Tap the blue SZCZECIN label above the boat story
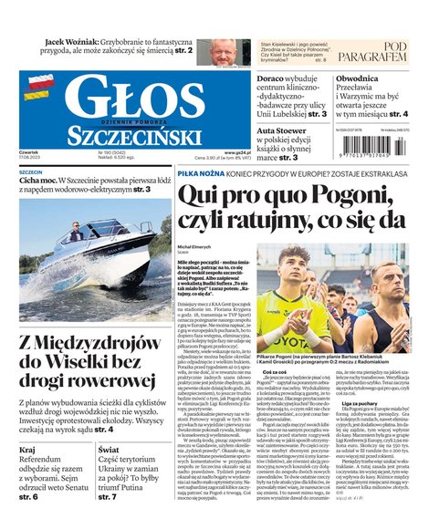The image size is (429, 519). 31,171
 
